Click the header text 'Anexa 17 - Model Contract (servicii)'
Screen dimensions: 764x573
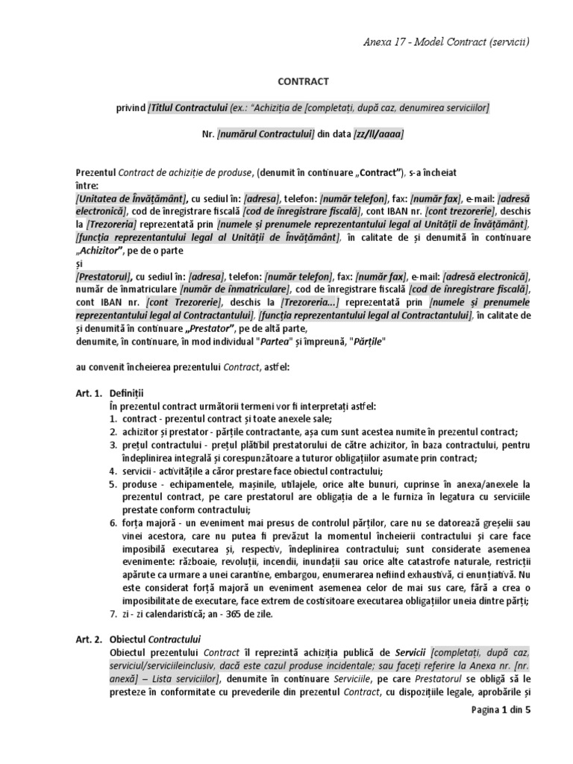pyautogui.click(x=442, y=41)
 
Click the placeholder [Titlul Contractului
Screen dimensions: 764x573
pyautogui.click(x=189, y=108)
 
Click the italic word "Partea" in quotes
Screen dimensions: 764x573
pyautogui.click(x=275, y=342)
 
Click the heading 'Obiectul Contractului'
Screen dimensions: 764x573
pyautogui.click(x=155, y=639)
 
